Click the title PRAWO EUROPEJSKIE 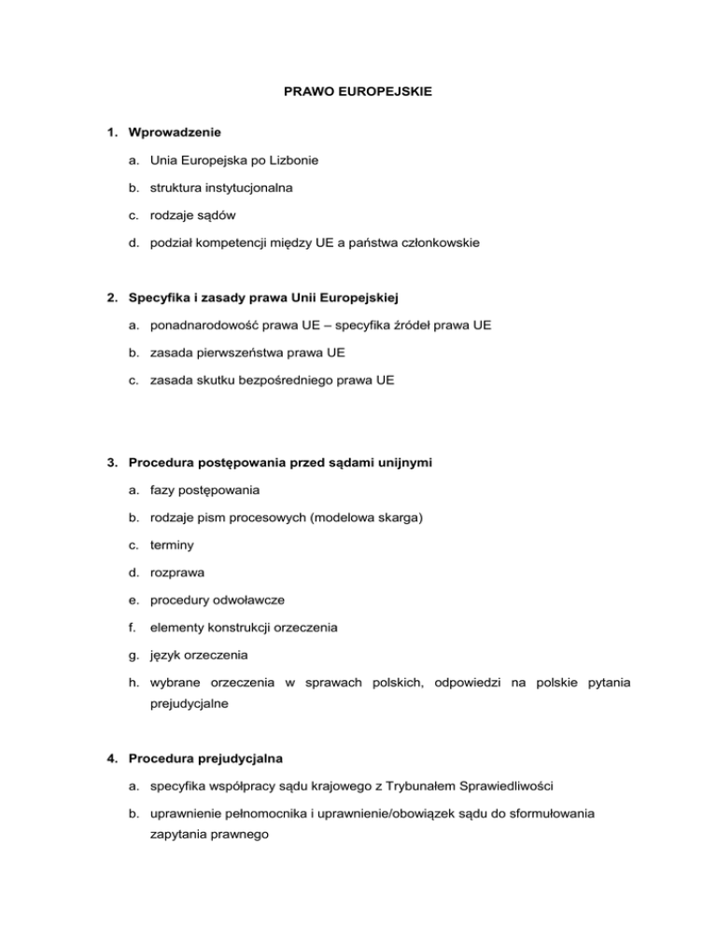pos(358,94)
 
